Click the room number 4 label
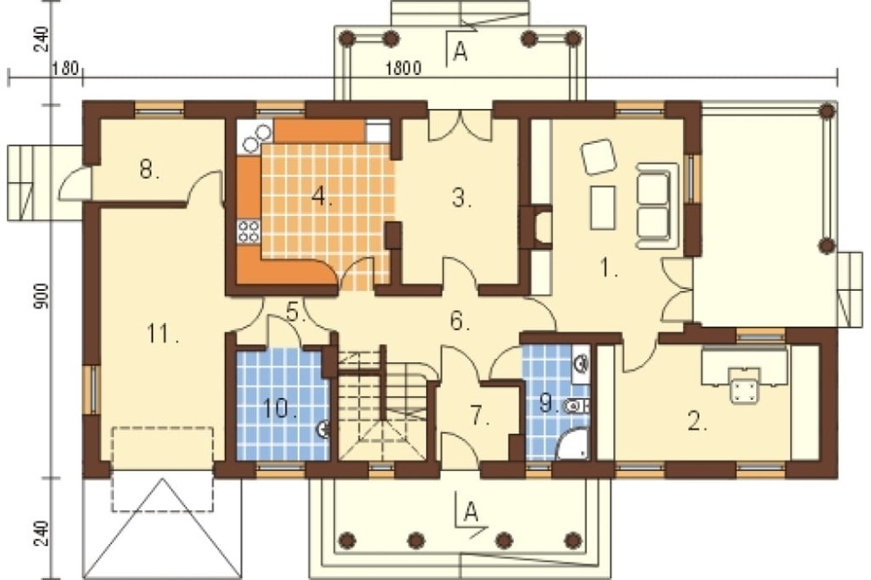(321, 196)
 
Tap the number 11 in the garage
(163, 334)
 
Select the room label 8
(148, 169)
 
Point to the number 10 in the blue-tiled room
(280, 409)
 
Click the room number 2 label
(697, 422)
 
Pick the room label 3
(461, 197)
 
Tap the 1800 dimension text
(404, 68)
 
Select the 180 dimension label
(66, 69)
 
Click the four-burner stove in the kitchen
(249, 232)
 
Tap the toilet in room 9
(576, 407)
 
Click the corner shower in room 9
(573, 444)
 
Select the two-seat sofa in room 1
(657, 206)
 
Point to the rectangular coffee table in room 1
(603, 208)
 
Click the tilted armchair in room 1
(598, 157)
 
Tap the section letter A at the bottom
(471, 511)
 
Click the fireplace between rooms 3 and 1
(537, 227)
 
